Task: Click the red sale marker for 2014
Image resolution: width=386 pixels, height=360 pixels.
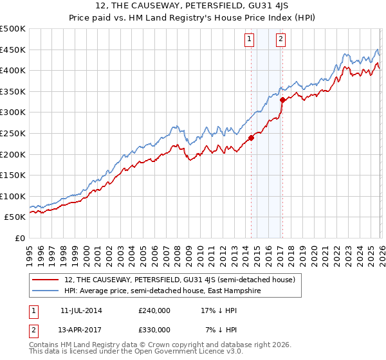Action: click(251, 137)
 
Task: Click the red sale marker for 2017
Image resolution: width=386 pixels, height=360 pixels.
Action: click(282, 100)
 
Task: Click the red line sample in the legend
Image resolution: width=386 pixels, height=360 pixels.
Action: click(46, 280)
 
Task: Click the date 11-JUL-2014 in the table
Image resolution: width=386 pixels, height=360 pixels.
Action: click(81, 310)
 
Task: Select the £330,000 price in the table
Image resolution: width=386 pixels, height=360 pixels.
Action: click(154, 329)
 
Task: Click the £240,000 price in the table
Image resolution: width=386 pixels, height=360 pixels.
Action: click(154, 310)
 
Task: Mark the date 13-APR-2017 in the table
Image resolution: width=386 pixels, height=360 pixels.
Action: click(81, 329)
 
